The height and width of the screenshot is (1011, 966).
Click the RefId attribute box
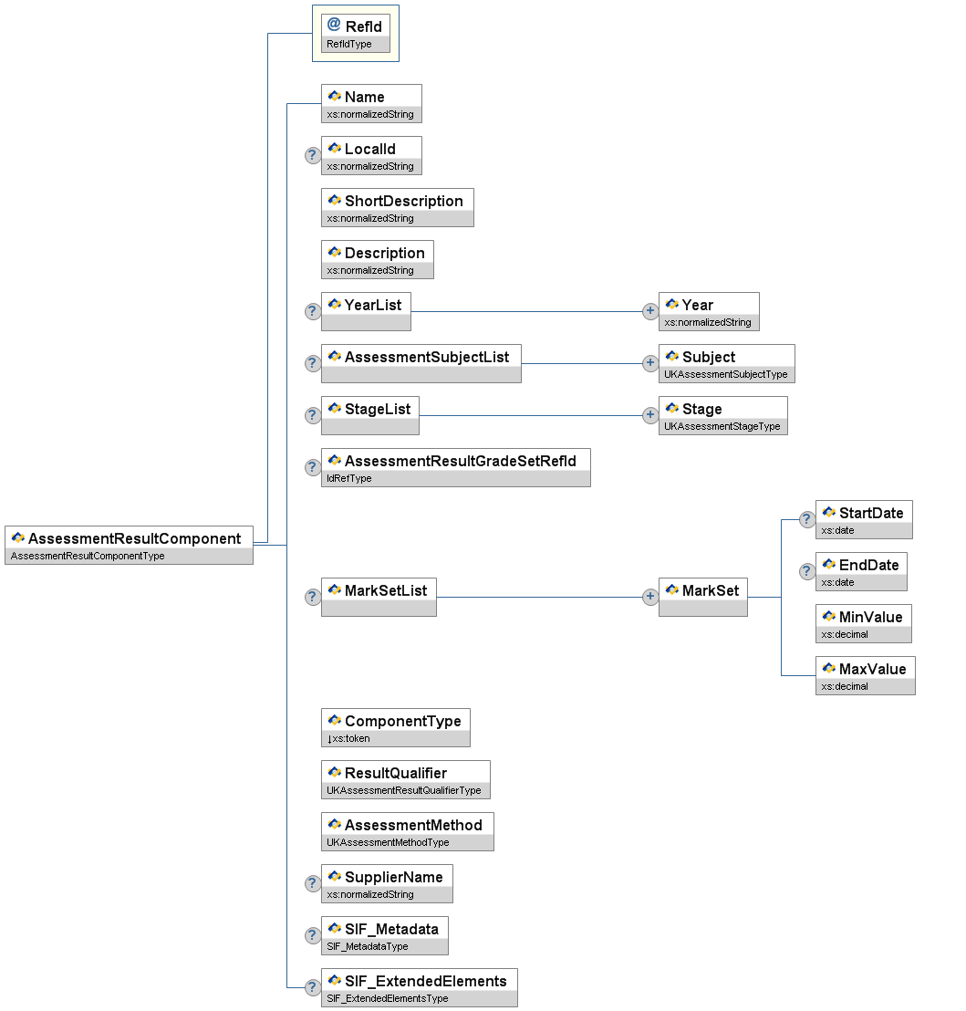click(x=355, y=33)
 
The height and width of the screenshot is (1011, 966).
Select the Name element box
click(x=371, y=103)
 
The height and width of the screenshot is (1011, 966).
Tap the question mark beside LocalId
click(x=312, y=155)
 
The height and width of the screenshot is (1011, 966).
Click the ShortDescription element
click(x=397, y=207)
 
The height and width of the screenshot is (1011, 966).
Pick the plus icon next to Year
click(x=650, y=311)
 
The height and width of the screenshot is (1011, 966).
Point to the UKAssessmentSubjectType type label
click(x=726, y=375)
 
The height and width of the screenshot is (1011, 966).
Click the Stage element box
click(x=722, y=415)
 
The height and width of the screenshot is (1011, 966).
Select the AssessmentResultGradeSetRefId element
click(x=455, y=467)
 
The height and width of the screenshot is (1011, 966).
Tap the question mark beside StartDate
click(x=807, y=519)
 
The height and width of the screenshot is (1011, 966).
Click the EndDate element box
click(x=860, y=571)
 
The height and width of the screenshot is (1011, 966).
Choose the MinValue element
click(x=863, y=623)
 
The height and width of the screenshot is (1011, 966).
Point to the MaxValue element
click(x=865, y=675)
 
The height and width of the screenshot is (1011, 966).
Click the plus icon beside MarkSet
click(x=650, y=597)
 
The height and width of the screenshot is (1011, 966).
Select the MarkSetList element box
click(x=379, y=597)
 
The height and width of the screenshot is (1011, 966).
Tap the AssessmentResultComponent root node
click(x=129, y=545)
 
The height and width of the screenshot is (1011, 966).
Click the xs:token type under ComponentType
click(x=351, y=738)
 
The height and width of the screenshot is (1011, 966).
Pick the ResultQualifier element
click(x=405, y=779)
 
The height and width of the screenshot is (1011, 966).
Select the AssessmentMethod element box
click(x=407, y=831)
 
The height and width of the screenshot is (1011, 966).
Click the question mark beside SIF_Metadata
click(x=312, y=935)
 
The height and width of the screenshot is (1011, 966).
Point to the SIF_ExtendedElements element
click(x=419, y=987)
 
